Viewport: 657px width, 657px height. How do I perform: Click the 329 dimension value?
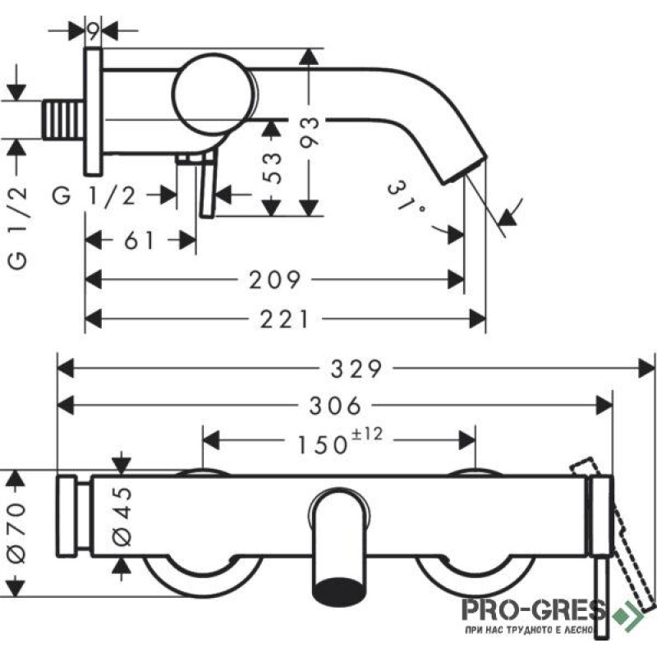point(356,369)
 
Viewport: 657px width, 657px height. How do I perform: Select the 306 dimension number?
point(335,406)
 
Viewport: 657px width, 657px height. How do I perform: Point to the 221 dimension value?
point(284,319)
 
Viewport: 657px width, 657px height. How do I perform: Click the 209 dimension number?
point(275,280)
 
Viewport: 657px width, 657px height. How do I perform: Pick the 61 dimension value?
point(140,241)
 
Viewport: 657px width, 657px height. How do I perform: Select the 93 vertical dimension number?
point(310,132)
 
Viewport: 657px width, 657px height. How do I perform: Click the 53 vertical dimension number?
point(273,168)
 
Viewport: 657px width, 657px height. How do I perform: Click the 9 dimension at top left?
point(94,30)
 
